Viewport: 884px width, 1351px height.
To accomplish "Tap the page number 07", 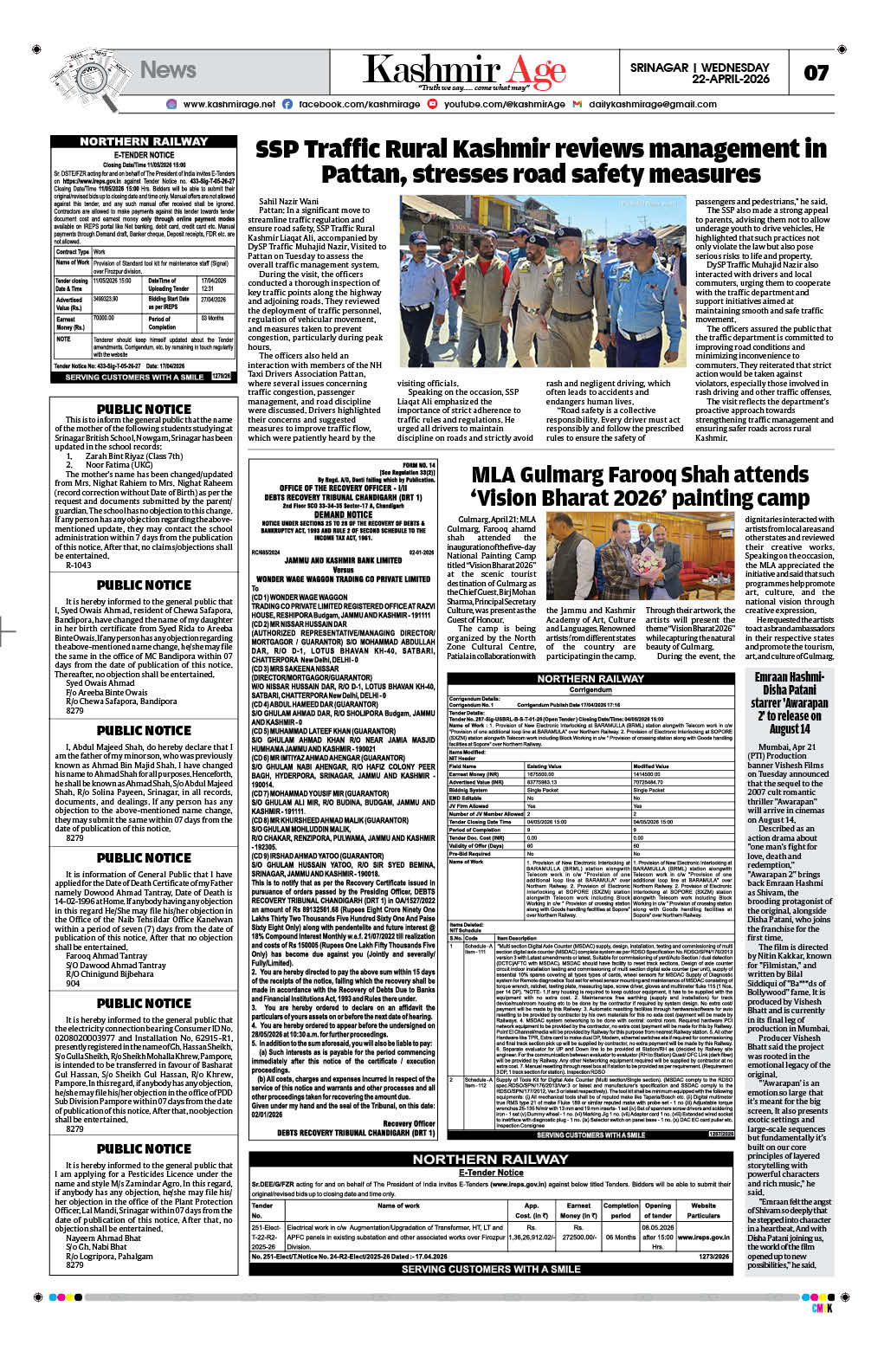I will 816,73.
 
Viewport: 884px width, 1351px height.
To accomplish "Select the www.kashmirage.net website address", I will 229,104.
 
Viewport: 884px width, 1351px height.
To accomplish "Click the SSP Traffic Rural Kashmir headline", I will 540,162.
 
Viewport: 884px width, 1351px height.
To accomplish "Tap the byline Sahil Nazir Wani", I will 288,202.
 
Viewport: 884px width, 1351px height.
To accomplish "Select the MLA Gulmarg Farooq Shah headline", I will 640,487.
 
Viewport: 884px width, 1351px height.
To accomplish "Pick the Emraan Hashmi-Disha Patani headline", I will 790,702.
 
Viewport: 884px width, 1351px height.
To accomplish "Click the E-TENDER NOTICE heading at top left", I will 144,155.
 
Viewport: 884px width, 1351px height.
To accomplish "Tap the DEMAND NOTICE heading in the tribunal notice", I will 343,514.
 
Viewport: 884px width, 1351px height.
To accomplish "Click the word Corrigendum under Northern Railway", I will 590,690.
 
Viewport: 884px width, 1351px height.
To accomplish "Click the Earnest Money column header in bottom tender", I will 578,1210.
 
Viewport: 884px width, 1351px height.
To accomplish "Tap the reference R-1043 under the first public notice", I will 79,565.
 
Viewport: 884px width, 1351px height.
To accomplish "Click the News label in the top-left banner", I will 168,70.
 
